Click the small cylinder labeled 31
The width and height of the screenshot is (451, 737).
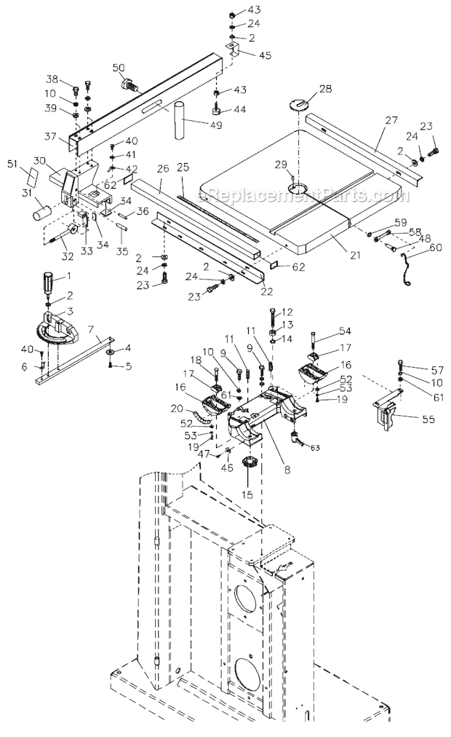point(39,214)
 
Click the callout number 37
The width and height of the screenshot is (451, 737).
point(49,136)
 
